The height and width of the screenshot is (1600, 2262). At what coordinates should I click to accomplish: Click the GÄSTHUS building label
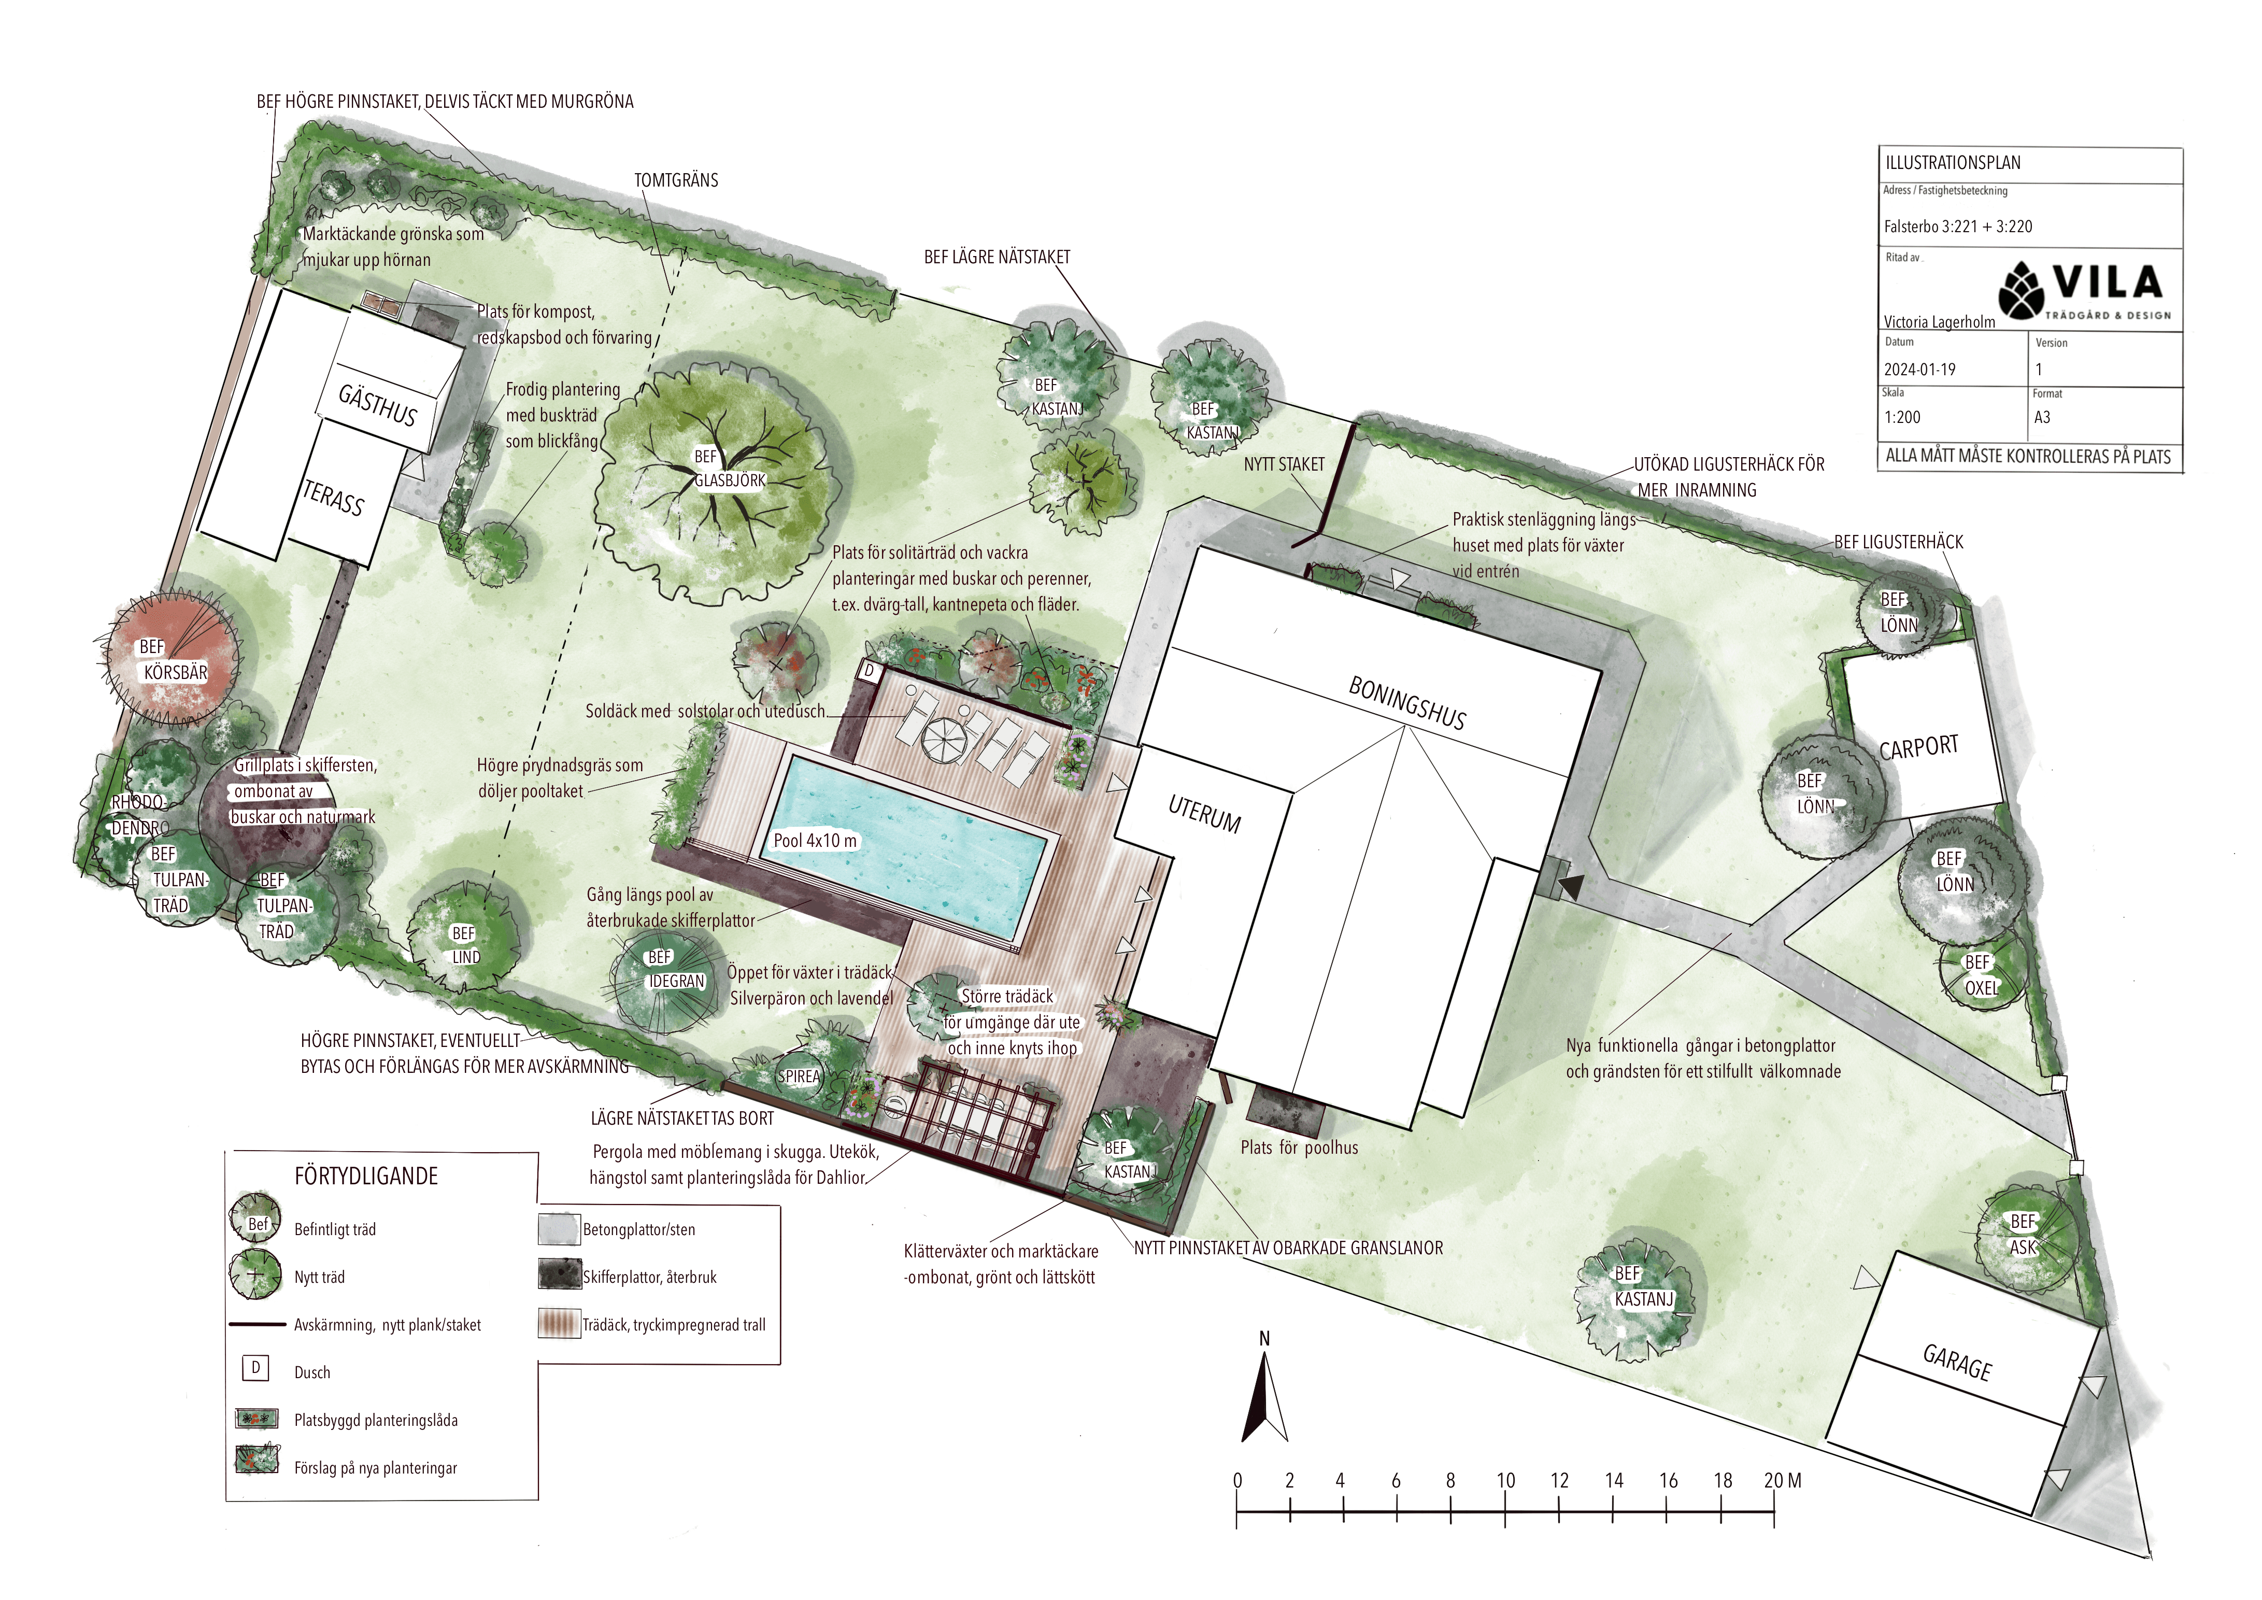tap(377, 404)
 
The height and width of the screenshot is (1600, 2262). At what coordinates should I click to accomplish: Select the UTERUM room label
tap(1204, 814)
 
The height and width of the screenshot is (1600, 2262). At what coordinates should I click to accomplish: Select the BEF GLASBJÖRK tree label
tap(729, 469)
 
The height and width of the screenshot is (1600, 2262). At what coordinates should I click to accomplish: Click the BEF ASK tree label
tap(2022, 1234)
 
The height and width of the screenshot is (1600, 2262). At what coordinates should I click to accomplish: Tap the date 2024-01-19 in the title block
tap(1919, 370)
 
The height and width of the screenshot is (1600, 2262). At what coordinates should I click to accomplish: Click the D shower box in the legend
tap(255, 1367)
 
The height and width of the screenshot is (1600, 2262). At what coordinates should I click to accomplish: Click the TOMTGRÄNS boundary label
tap(676, 180)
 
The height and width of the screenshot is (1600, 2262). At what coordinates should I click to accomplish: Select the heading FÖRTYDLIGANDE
tap(365, 1176)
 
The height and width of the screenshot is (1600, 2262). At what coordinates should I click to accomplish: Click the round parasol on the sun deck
tap(946, 739)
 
